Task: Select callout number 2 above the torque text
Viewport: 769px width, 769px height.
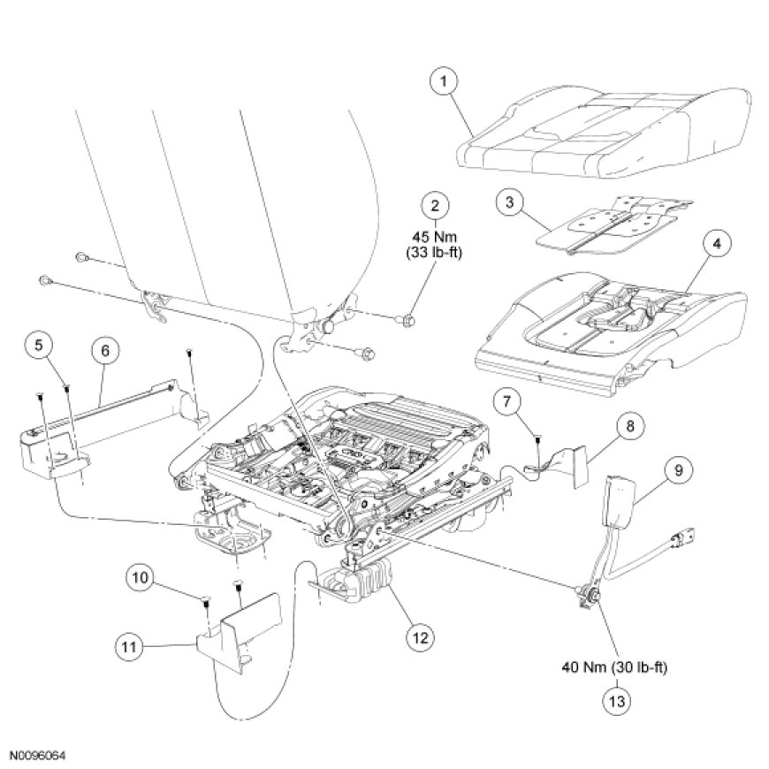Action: [434, 206]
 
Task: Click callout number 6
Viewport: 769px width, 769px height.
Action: [104, 351]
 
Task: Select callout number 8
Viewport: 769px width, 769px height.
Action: [629, 426]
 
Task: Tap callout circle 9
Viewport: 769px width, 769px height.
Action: [678, 470]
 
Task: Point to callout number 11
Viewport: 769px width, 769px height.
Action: [127, 648]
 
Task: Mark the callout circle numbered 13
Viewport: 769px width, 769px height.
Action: [617, 702]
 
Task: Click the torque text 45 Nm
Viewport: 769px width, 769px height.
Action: [432, 238]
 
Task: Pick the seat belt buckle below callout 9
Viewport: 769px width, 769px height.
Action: [616, 499]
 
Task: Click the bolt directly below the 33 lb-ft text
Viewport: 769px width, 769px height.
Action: [408, 319]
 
